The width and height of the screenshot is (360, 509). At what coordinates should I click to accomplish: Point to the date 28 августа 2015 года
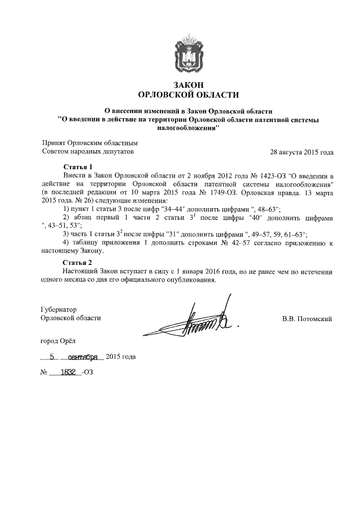pos(302,152)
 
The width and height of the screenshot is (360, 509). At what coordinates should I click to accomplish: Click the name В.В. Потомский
pos(307,319)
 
